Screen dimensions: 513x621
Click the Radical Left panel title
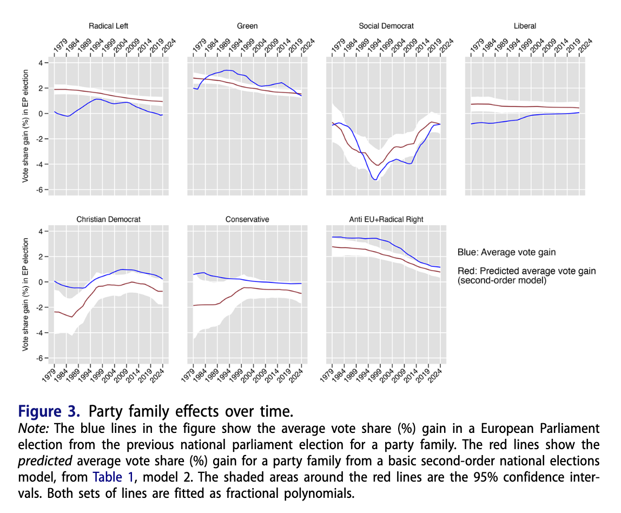click(x=108, y=25)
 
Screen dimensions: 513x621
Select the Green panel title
click(x=247, y=25)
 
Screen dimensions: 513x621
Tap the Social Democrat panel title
click(x=386, y=25)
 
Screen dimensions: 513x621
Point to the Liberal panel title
click(x=525, y=25)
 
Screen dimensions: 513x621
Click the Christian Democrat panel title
click(x=108, y=219)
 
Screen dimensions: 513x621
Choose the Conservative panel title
click(x=247, y=219)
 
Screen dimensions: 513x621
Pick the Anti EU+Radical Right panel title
click(x=386, y=219)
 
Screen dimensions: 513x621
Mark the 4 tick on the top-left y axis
click(x=39, y=63)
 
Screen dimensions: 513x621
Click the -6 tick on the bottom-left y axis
click(x=38, y=358)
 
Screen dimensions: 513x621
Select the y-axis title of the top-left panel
click(x=25, y=126)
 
